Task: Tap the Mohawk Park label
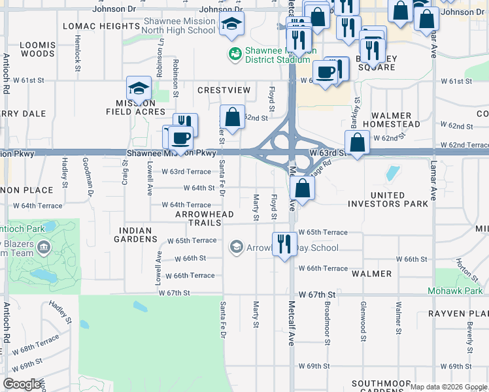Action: pos(455,290)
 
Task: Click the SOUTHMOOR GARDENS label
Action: pos(380,387)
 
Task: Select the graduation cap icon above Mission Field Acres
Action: pos(139,88)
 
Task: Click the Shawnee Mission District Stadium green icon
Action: pos(233,52)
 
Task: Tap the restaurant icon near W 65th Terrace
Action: pos(284,244)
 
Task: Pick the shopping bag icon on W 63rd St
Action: pos(357,142)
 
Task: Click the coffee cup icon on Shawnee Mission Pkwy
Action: pos(180,138)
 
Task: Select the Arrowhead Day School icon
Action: pos(236,248)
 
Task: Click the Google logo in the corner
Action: pos(22,384)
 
